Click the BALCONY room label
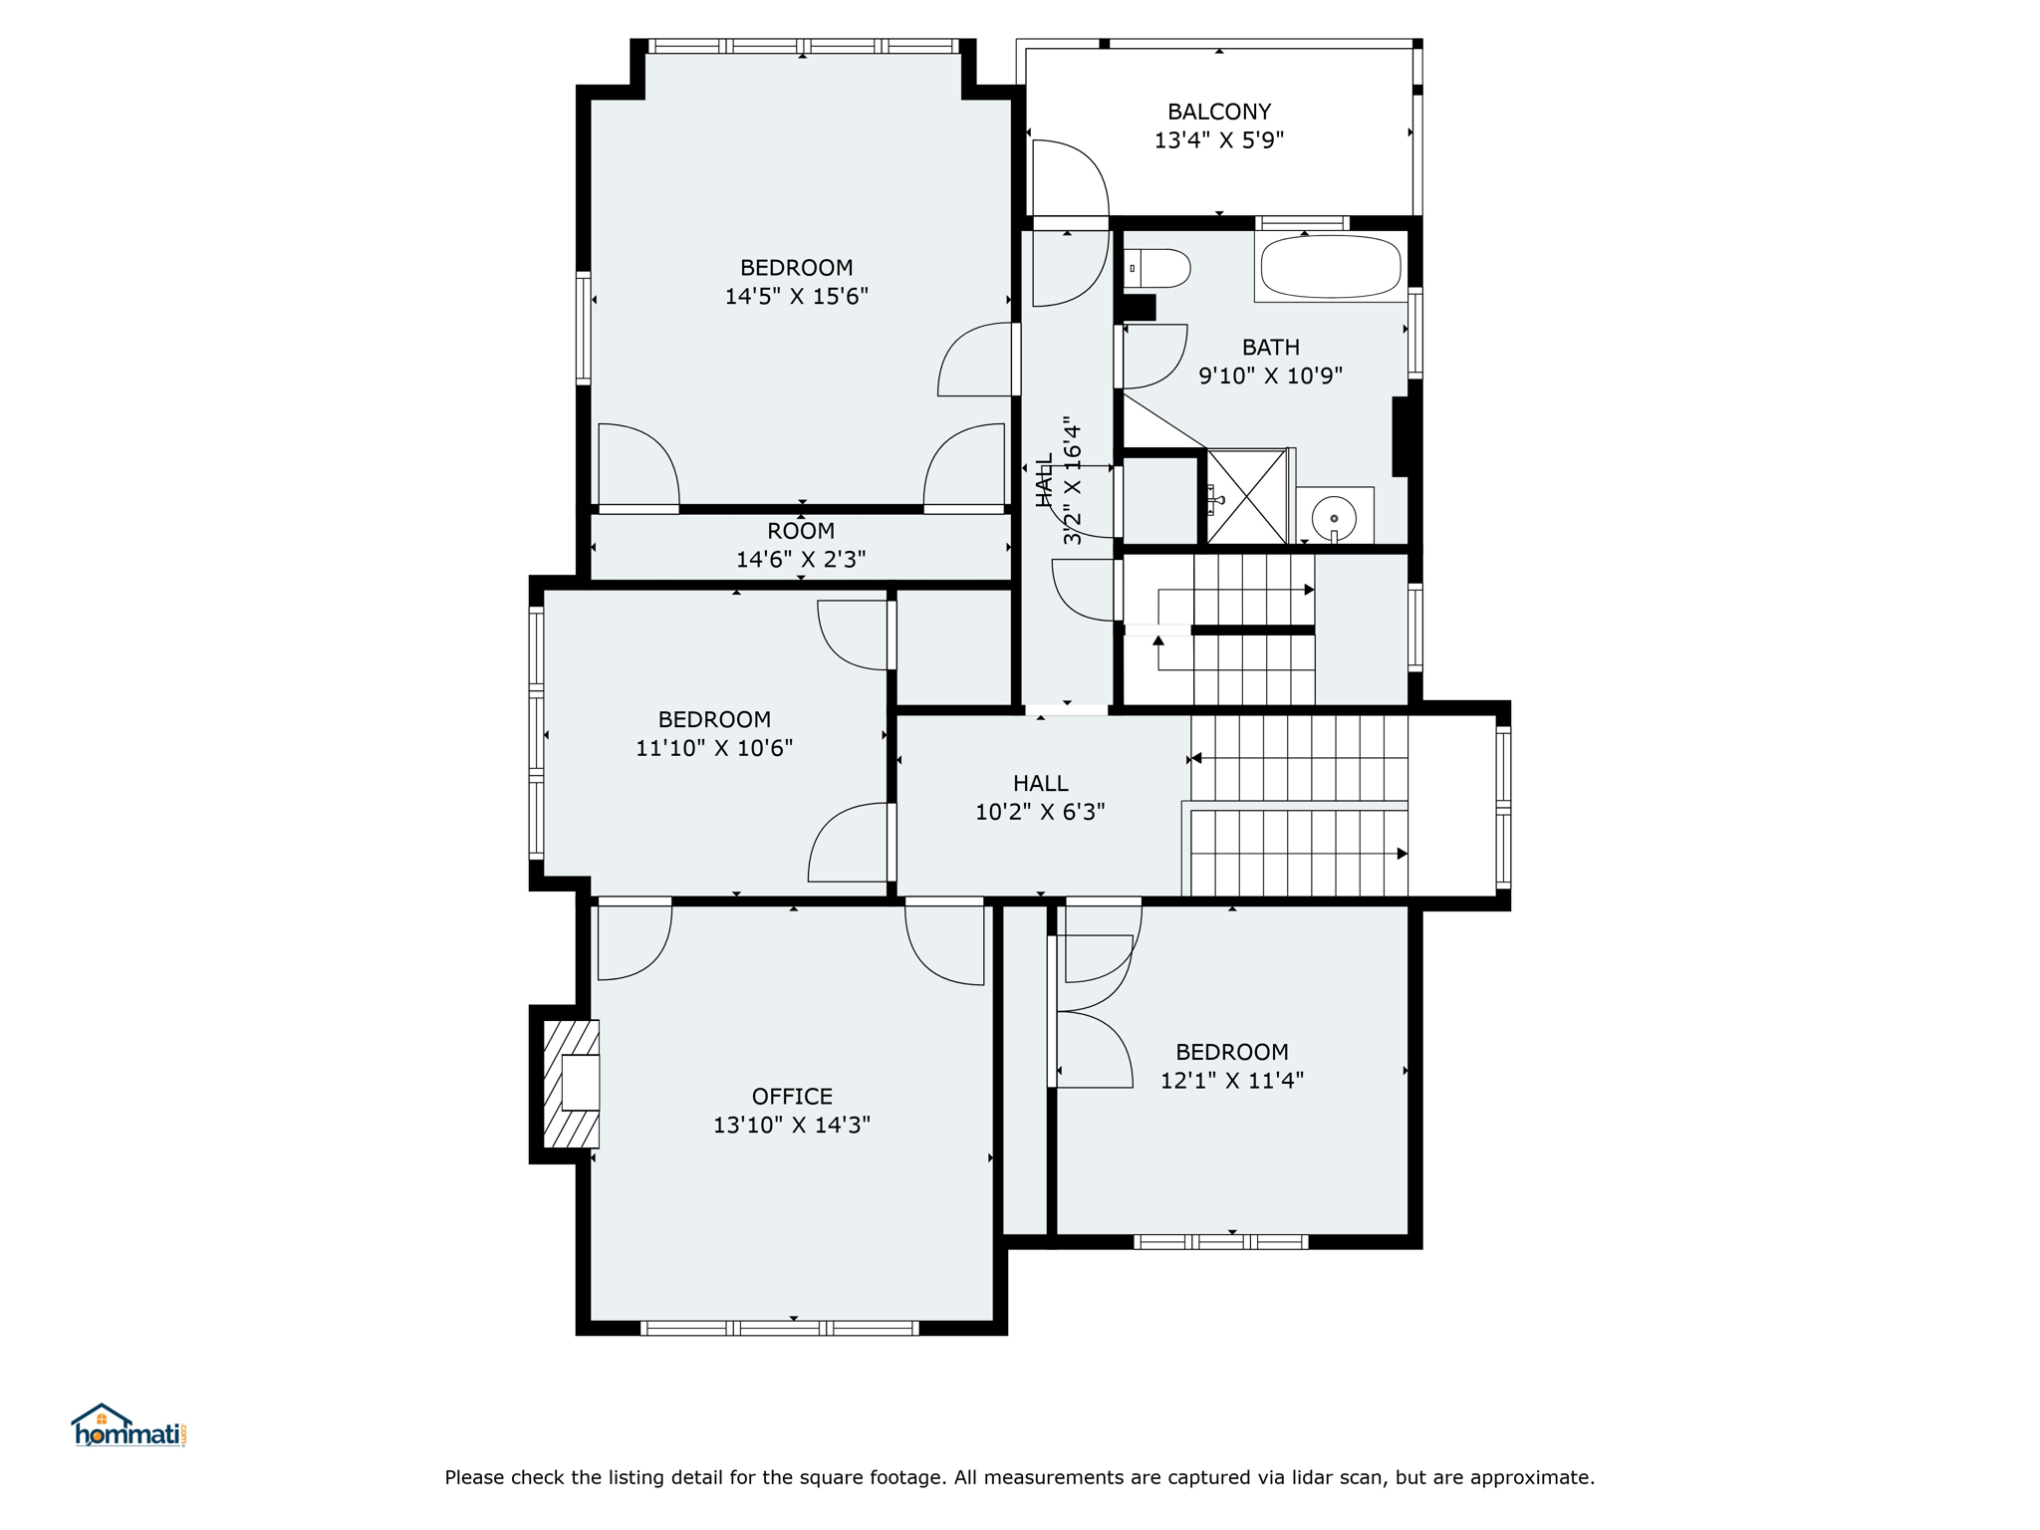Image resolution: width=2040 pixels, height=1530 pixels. (1219, 112)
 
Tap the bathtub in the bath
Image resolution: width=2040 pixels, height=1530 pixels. (1331, 266)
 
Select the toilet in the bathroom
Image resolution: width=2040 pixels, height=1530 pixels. (1157, 268)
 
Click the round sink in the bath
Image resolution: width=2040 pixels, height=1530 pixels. (1334, 518)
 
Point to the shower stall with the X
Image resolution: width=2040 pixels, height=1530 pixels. (1247, 496)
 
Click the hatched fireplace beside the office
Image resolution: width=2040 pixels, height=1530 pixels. (572, 1084)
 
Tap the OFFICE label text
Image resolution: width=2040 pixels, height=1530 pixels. (792, 1097)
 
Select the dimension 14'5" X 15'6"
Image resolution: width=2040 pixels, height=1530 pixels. (797, 296)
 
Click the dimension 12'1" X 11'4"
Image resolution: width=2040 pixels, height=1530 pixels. (1232, 1080)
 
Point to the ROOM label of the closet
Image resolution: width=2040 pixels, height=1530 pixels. (801, 531)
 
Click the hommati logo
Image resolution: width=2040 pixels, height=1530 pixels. (128, 1425)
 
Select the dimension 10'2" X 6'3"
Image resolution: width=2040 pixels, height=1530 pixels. (1040, 812)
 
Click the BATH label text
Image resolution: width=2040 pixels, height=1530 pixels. (1271, 348)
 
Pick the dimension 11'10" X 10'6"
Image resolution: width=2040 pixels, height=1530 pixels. (714, 747)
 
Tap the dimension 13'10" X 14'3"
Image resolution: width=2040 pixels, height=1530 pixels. (792, 1125)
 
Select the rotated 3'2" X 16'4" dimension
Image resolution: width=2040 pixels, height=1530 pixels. (1072, 480)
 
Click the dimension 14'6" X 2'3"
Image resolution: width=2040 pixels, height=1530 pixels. (801, 560)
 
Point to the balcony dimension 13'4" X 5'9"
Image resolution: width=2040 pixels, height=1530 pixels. (1219, 140)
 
